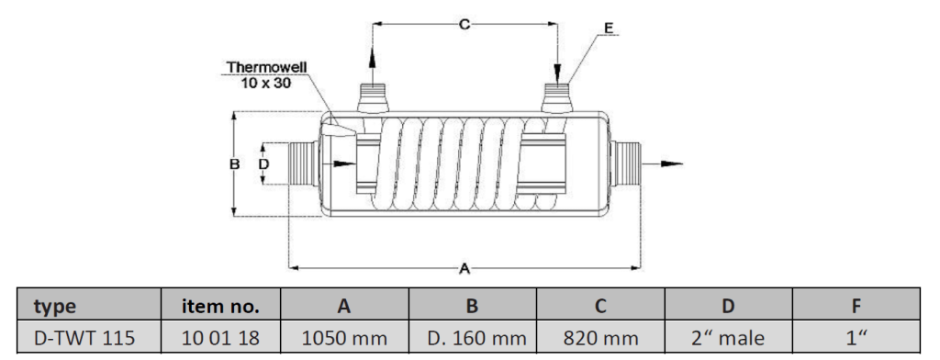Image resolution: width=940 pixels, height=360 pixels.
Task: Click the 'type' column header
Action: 55,307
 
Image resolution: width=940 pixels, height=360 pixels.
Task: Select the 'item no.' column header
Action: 220,306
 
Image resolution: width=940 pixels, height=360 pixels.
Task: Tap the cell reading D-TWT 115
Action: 84,338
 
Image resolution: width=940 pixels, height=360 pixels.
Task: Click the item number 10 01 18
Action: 220,338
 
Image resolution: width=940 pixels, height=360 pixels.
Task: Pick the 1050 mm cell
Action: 344,338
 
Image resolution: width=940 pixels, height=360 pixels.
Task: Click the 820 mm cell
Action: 600,338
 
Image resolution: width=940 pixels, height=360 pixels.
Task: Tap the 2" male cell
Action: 728,338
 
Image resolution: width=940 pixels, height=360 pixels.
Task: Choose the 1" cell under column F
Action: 856,338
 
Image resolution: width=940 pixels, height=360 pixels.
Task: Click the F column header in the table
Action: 856,307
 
